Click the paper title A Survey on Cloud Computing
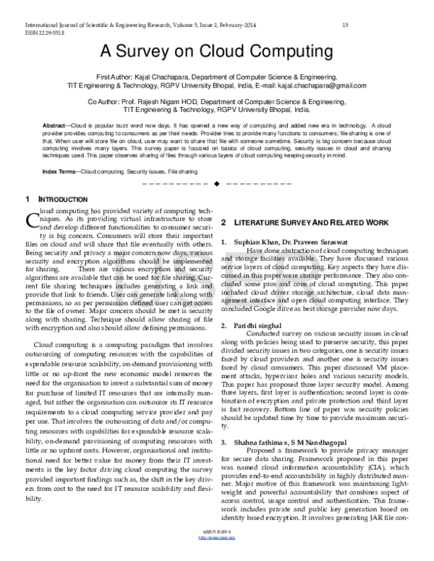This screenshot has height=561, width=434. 216,52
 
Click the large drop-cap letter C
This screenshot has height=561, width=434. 30,218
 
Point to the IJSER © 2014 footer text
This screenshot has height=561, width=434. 217,549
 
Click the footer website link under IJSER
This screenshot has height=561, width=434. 217,554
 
